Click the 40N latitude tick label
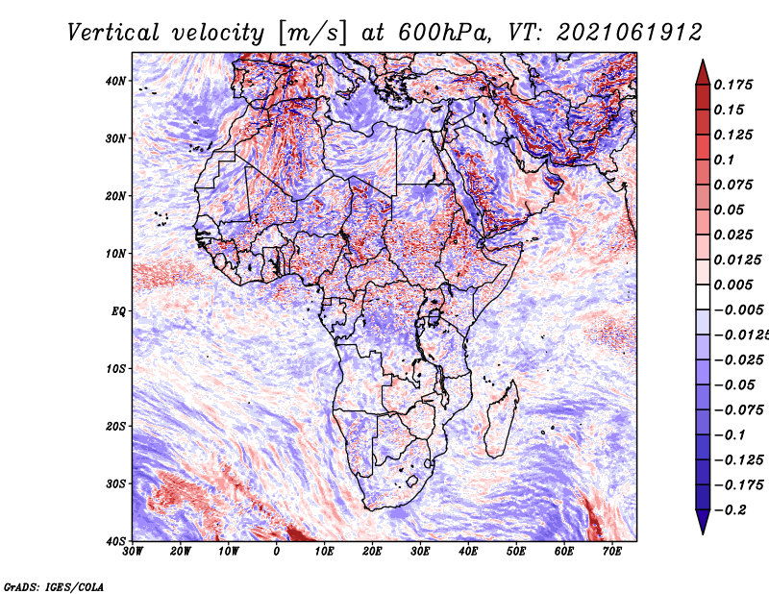click(115, 81)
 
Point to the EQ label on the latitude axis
click(118, 311)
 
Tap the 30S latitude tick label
click(115, 483)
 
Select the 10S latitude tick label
click(115, 368)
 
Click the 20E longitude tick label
click(372, 552)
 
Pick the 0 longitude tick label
click(277, 552)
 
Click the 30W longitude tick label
click(133, 552)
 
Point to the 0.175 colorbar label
click(733, 85)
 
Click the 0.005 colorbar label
click(733, 285)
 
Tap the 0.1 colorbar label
click(724, 160)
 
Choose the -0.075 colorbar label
click(739, 410)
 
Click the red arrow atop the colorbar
click(703, 72)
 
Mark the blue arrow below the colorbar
click(703, 522)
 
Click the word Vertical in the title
click(113, 33)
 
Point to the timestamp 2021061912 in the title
click(630, 33)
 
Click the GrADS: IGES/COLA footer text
click(54, 586)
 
